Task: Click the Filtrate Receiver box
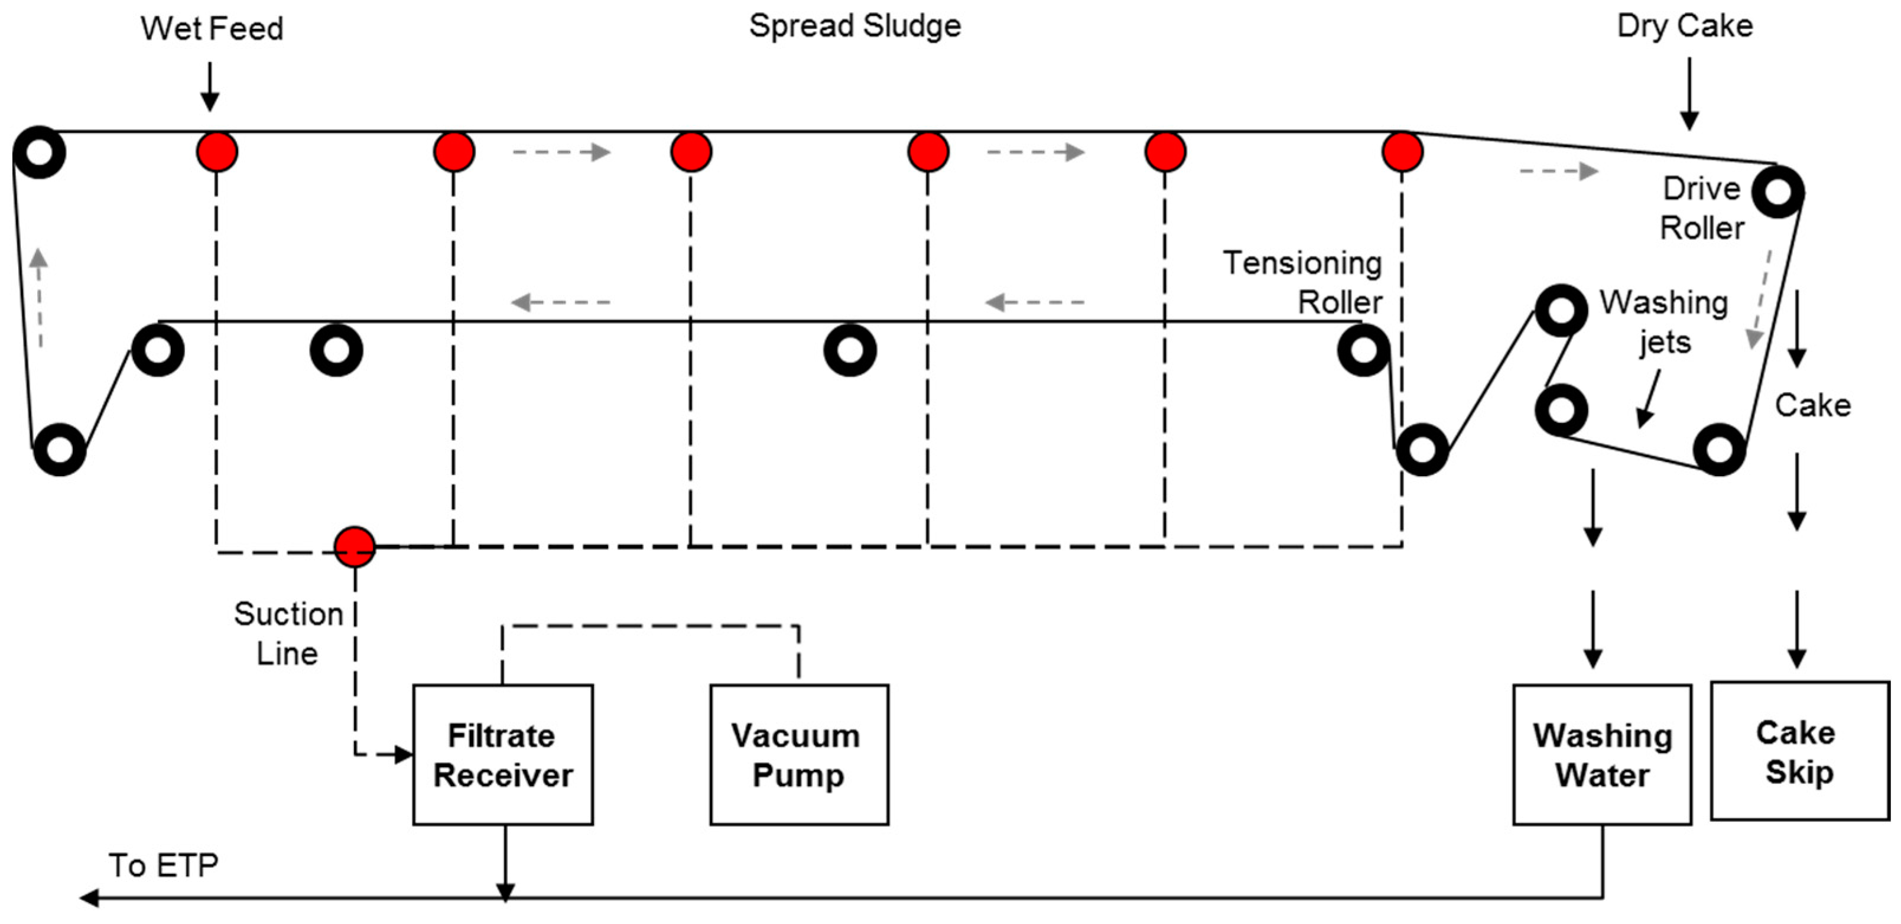pos(502,754)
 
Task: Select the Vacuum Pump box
pos(798,754)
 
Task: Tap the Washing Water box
pos(1602,754)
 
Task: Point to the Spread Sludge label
pos(854,26)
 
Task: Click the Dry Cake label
pos(1685,26)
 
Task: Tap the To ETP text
pos(163,865)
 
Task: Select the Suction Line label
pos(288,633)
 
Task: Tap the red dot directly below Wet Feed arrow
pos(217,152)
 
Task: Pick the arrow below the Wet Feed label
pos(210,87)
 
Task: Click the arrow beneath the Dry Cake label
pos(1689,94)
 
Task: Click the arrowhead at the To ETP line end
pos(89,897)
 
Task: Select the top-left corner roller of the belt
pos(39,152)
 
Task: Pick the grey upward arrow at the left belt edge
pos(39,295)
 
